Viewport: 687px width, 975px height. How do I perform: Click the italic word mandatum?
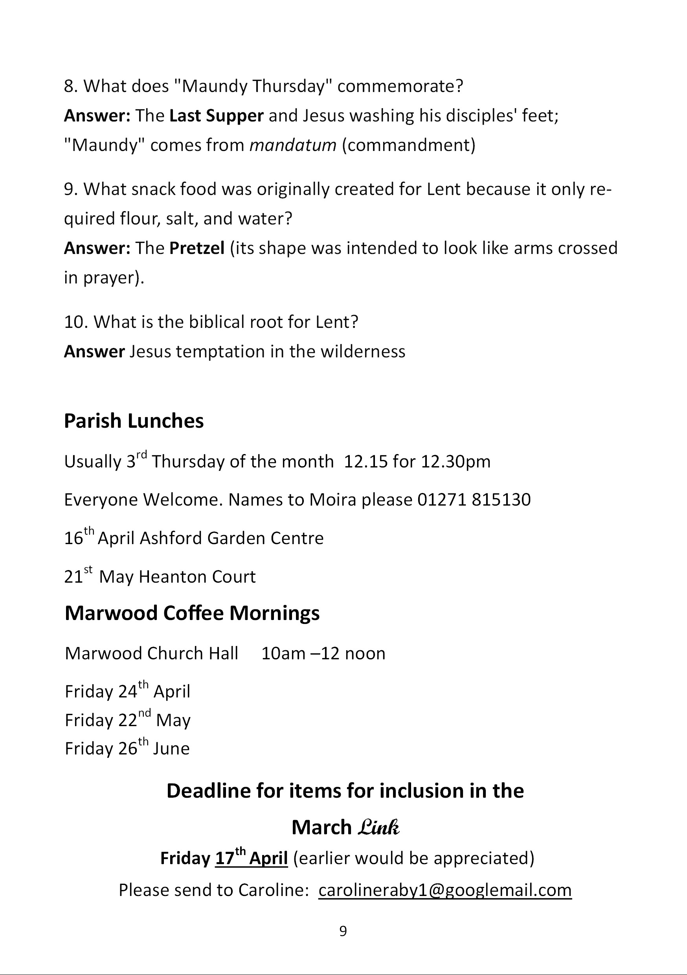click(x=292, y=145)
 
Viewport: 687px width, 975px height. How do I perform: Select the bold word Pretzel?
click(x=197, y=248)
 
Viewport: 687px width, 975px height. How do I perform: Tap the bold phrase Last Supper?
click(x=216, y=116)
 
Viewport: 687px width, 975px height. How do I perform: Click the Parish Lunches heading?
click(x=134, y=421)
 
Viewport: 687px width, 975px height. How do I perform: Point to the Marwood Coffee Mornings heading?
click(x=192, y=613)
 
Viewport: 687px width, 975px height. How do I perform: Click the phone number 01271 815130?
click(x=474, y=500)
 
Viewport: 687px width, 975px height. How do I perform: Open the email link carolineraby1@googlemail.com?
click(x=445, y=890)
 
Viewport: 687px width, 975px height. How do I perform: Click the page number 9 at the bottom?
click(x=343, y=931)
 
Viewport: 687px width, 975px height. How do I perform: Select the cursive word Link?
click(x=378, y=827)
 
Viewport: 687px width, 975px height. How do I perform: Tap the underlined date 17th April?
click(x=252, y=858)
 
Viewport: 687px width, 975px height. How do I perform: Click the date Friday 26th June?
click(x=127, y=748)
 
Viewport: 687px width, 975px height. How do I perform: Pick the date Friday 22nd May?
click(x=127, y=720)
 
